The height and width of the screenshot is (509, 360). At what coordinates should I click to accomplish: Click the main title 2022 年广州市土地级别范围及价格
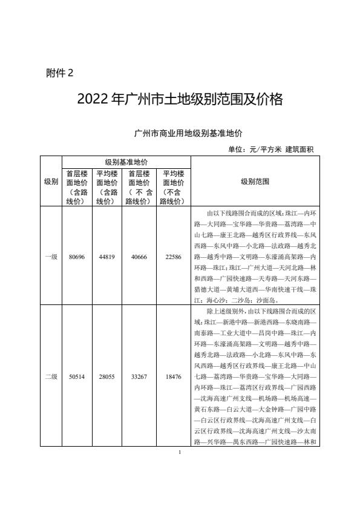click(180, 99)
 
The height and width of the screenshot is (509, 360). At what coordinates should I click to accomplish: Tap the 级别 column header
click(51, 181)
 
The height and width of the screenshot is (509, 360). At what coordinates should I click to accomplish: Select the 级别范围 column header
click(255, 181)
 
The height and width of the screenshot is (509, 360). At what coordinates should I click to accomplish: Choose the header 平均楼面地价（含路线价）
click(107, 187)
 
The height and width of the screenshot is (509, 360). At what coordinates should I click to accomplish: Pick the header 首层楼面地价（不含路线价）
click(139, 187)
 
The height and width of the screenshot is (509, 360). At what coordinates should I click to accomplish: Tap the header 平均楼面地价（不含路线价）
click(173, 187)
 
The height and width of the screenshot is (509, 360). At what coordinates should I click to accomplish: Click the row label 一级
click(51, 257)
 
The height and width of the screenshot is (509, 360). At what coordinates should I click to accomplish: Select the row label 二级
click(51, 376)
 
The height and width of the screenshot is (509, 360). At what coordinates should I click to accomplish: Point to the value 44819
click(107, 257)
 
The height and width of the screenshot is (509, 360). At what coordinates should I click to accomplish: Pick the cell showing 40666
click(139, 257)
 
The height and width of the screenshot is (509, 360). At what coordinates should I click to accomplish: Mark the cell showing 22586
click(173, 257)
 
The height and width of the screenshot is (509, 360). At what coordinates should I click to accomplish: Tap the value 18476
click(173, 376)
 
